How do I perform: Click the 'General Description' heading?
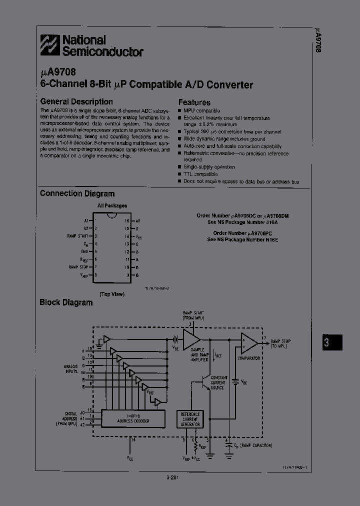[76, 101]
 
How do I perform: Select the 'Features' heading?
[194, 102]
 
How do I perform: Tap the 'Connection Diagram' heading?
[77, 193]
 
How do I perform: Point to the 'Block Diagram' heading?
[66, 302]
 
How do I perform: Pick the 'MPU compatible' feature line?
[201, 110]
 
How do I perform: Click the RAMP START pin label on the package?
[78, 235]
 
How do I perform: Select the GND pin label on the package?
[84, 251]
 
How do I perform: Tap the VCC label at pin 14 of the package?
[138, 236]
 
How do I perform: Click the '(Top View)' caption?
[111, 294]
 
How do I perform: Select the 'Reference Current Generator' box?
[190, 419]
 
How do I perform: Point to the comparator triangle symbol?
[248, 342]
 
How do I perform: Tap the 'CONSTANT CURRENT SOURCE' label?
[218, 382]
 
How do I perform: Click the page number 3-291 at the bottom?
[172, 477]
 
